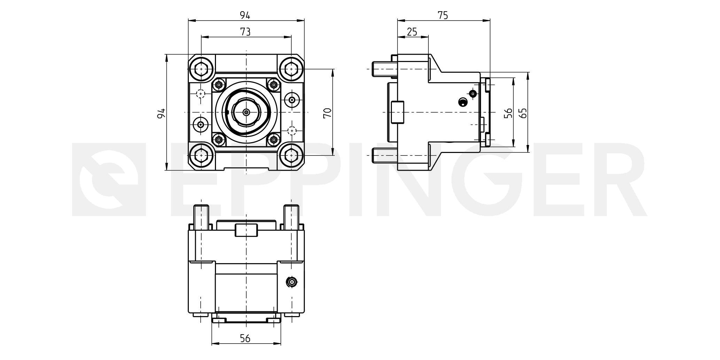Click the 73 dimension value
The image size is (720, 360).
[x=245, y=32]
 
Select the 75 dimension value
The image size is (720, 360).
[x=443, y=15]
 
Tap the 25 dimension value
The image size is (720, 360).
[x=412, y=32]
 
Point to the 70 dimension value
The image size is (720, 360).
[x=327, y=113]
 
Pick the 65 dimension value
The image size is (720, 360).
[x=523, y=113]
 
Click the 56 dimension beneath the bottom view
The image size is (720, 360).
[x=245, y=338]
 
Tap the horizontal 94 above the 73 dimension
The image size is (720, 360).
[x=245, y=15]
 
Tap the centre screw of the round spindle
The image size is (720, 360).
[x=247, y=112]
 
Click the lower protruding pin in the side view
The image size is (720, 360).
[x=385, y=155]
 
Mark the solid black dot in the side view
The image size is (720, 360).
[x=463, y=102]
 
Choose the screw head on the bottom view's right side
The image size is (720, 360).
[x=292, y=282]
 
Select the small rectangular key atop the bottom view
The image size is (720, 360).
[x=246, y=230]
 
